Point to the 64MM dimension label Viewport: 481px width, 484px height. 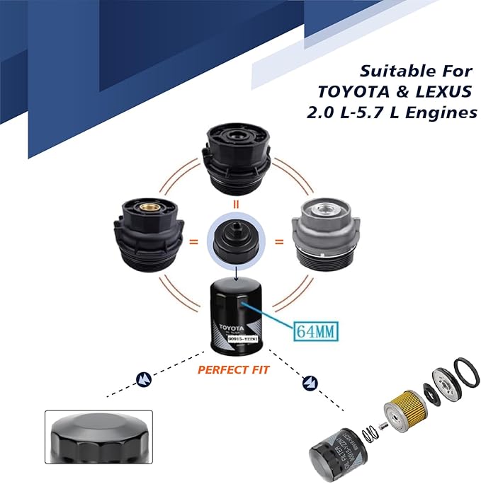[x=315, y=329]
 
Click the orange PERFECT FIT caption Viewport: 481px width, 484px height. [x=233, y=369]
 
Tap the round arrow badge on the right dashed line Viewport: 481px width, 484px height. [x=310, y=383]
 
